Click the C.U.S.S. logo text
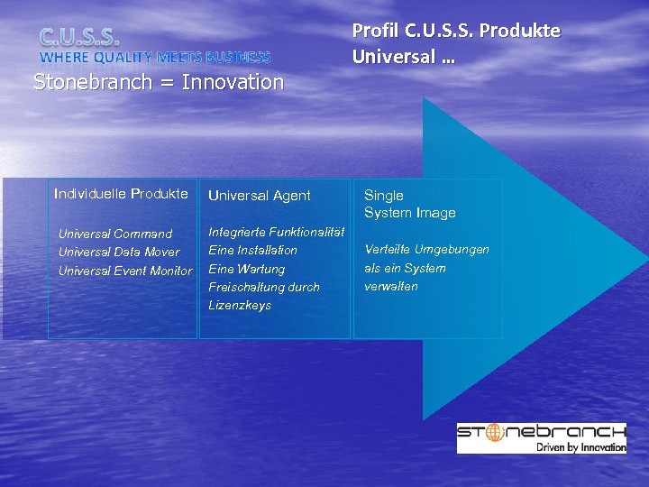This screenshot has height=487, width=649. (x=79, y=37)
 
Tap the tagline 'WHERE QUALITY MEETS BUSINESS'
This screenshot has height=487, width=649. (x=154, y=58)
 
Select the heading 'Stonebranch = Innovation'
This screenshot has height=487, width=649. (x=159, y=82)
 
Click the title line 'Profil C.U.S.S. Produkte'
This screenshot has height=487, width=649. (x=455, y=31)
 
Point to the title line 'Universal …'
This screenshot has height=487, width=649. (x=403, y=57)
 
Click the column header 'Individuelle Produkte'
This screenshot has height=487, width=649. (x=121, y=193)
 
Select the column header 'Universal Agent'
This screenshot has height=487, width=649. (x=260, y=195)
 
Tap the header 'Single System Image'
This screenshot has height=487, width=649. (x=409, y=204)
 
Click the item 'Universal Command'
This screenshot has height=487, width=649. (x=115, y=234)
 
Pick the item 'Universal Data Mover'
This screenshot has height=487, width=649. (x=119, y=252)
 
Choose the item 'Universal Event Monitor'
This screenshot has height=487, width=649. (x=125, y=271)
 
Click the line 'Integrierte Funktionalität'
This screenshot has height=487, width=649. (x=276, y=232)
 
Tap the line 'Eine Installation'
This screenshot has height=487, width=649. (x=252, y=250)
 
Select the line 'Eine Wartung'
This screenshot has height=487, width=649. (x=246, y=269)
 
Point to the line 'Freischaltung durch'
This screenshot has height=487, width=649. (x=263, y=287)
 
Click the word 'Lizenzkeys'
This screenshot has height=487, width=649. (x=240, y=305)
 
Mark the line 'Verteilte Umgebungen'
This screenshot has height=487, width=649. (x=426, y=249)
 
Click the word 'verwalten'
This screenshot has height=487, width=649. (x=390, y=286)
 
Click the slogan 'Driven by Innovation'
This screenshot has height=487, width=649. (x=580, y=446)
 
